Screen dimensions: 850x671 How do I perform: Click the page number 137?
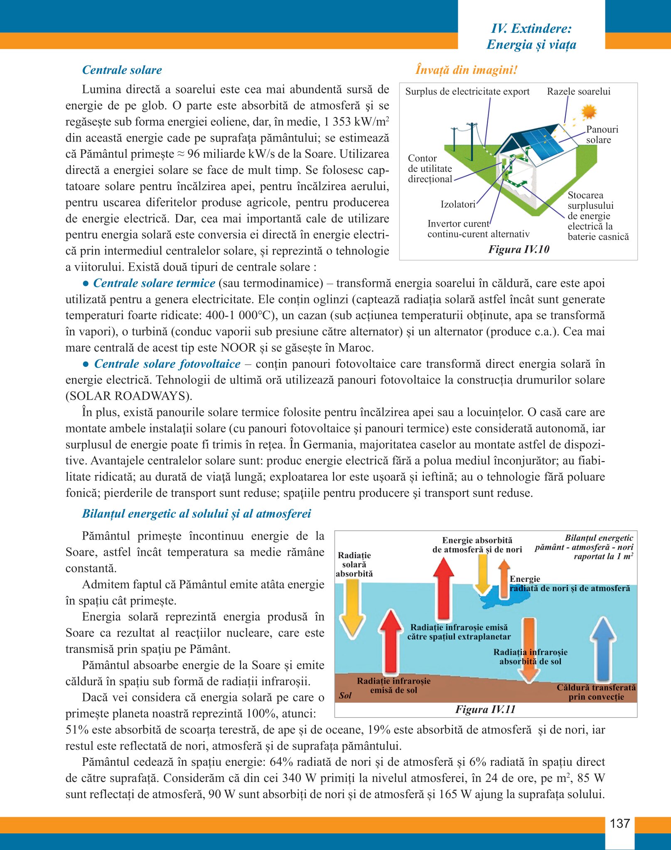[619, 823]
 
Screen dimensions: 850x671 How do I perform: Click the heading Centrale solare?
[122, 70]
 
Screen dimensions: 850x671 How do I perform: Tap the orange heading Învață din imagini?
[466, 70]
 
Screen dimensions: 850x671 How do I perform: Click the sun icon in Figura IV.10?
[589, 112]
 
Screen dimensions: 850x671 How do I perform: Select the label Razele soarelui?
[578, 91]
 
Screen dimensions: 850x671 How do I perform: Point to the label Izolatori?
[458, 204]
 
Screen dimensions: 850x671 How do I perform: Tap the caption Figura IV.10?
[519, 249]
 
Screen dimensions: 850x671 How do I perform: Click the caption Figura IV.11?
[485, 709]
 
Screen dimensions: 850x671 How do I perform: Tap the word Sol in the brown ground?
[345, 696]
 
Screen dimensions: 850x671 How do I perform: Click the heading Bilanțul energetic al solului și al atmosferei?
[196, 513]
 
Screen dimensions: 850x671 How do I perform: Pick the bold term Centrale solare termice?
[154, 283]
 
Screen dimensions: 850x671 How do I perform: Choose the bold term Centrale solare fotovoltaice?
[167, 364]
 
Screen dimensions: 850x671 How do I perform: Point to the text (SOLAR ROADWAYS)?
[129, 396]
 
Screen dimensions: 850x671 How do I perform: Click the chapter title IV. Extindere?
[531, 28]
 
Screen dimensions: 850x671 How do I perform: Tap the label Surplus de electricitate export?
[467, 91]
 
